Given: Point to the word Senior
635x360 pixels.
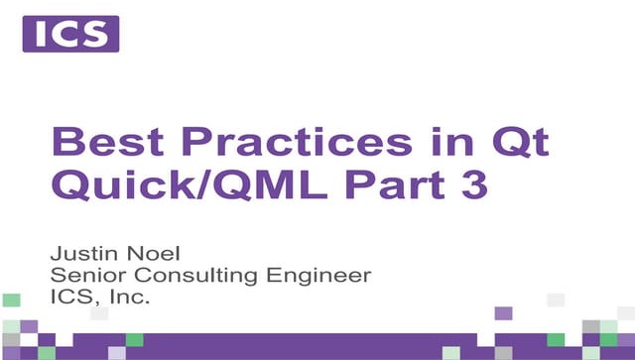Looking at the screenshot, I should coord(84,273).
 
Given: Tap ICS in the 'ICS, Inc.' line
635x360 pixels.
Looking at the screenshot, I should coord(65,296).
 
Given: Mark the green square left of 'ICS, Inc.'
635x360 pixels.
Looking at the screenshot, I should coord(12,299).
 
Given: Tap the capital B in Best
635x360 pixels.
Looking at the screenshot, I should coord(68,142).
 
